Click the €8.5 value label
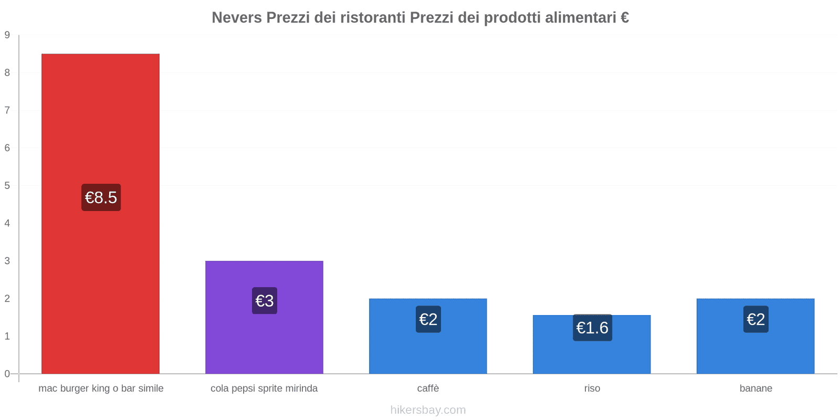pyautogui.click(x=101, y=197)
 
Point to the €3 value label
pyautogui.click(x=264, y=301)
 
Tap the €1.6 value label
pyautogui.click(x=592, y=328)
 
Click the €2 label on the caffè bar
pyautogui.click(x=428, y=319)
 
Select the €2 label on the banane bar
pyautogui.click(x=755, y=319)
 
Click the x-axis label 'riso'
pyautogui.click(x=592, y=388)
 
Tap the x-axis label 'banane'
pyautogui.click(x=755, y=388)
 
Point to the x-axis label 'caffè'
pyautogui.click(x=428, y=388)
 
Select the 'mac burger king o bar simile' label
pyautogui.click(x=101, y=388)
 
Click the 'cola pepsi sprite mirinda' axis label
pyautogui.click(x=264, y=388)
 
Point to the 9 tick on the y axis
pyautogui.click(x=7, y=35)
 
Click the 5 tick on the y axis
pyautogui.click(x=7, y=185)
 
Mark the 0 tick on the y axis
pyautogui.click(x=7, y=374)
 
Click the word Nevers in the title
pyautogui.click(x=237, y=18)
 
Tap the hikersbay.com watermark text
pyautogui.click(x=428, y=410)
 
